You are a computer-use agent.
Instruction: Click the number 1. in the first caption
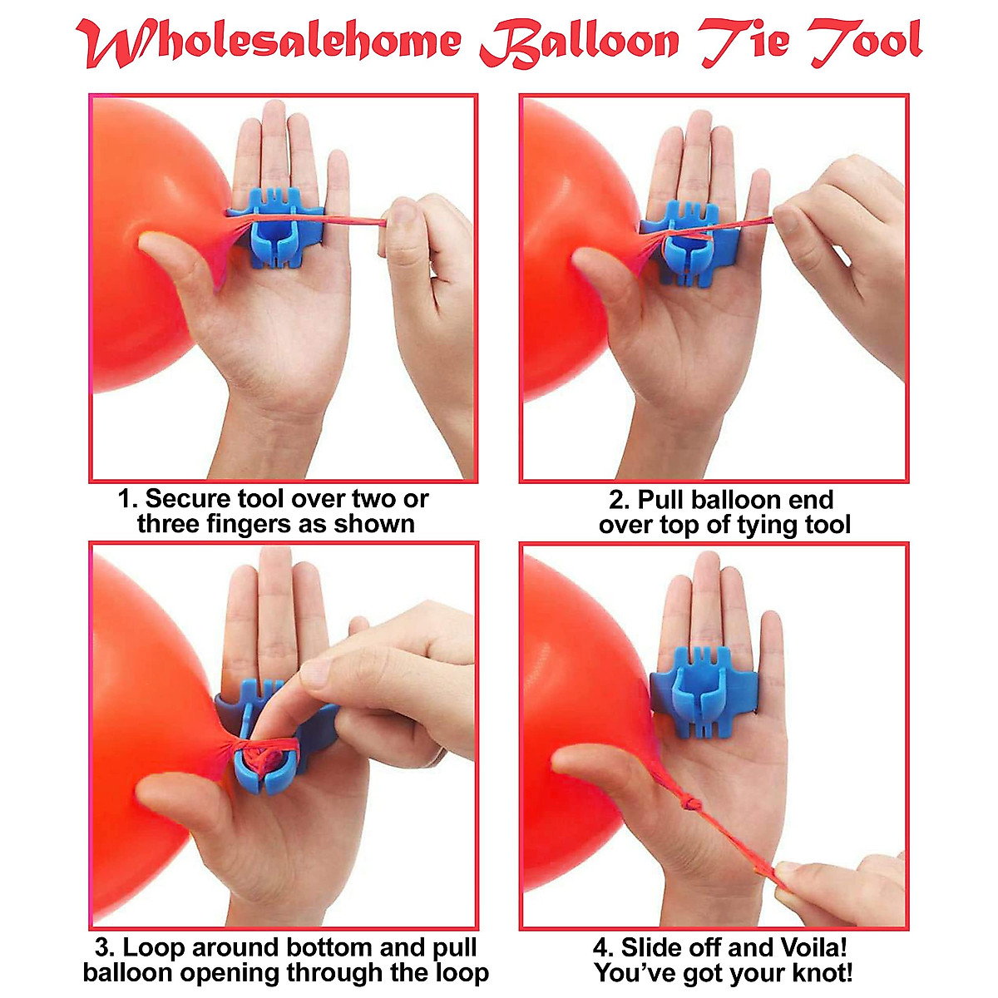point(127,499)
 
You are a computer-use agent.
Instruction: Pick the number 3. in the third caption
point(105,947)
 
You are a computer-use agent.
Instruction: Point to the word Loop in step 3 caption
point(154,947)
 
